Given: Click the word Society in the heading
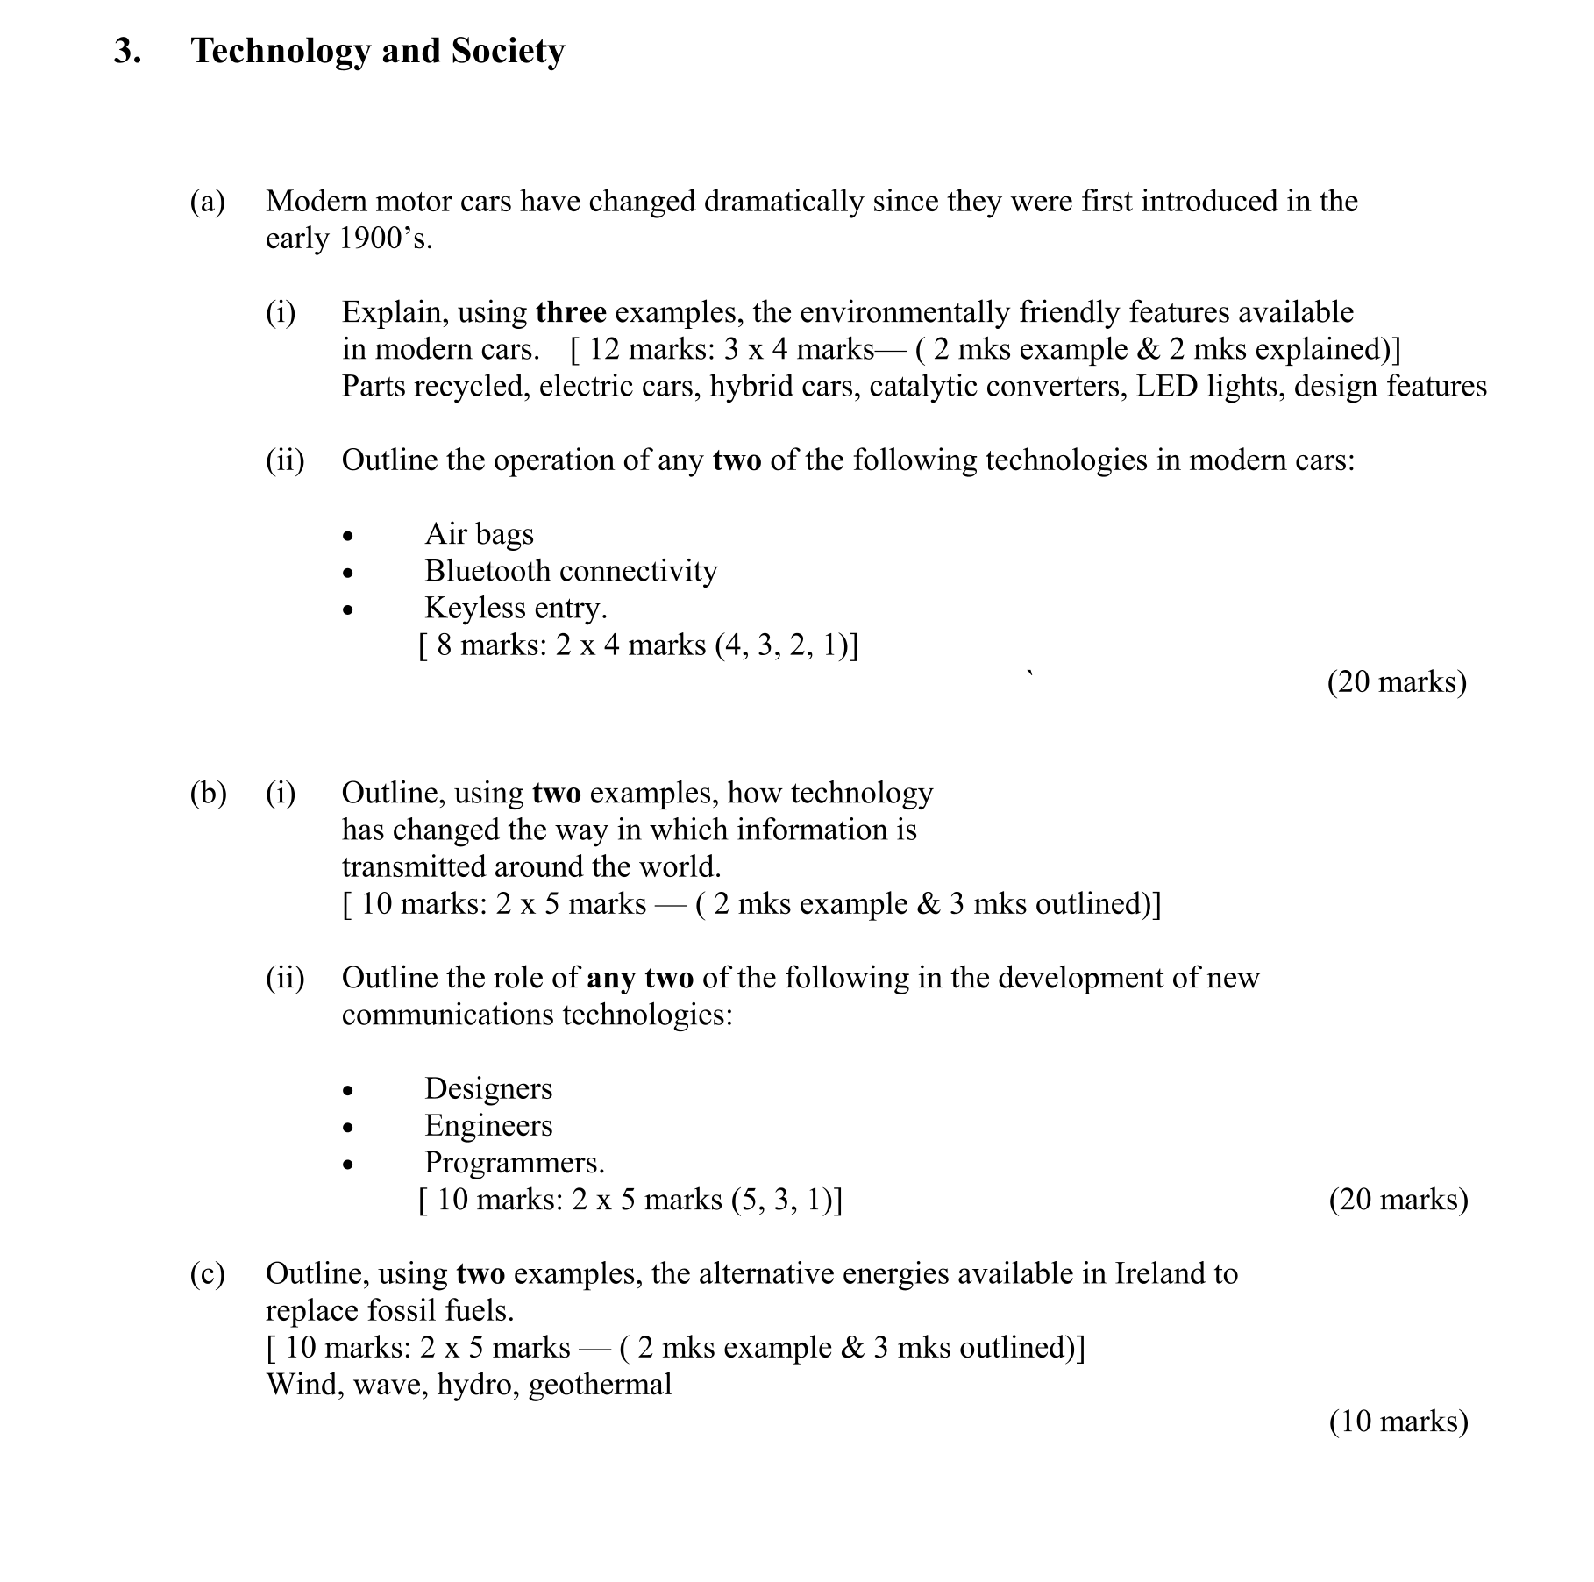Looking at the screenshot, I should (508, 52).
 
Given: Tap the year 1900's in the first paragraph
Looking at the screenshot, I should (385, 239).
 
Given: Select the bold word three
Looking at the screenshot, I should (571, 312).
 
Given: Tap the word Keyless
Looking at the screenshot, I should (473, 609).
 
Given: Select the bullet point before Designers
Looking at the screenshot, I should (349, 1091).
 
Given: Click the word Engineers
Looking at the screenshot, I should (488, 1126).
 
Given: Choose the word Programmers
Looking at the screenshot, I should (514, 1163).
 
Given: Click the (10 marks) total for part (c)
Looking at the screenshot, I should (1398, 1422).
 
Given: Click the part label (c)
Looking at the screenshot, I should (208, 1273).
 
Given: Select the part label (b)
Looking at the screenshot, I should (208, 794).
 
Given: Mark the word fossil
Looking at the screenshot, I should (395, 1311).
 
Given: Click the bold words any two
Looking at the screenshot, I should (640, 978).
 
